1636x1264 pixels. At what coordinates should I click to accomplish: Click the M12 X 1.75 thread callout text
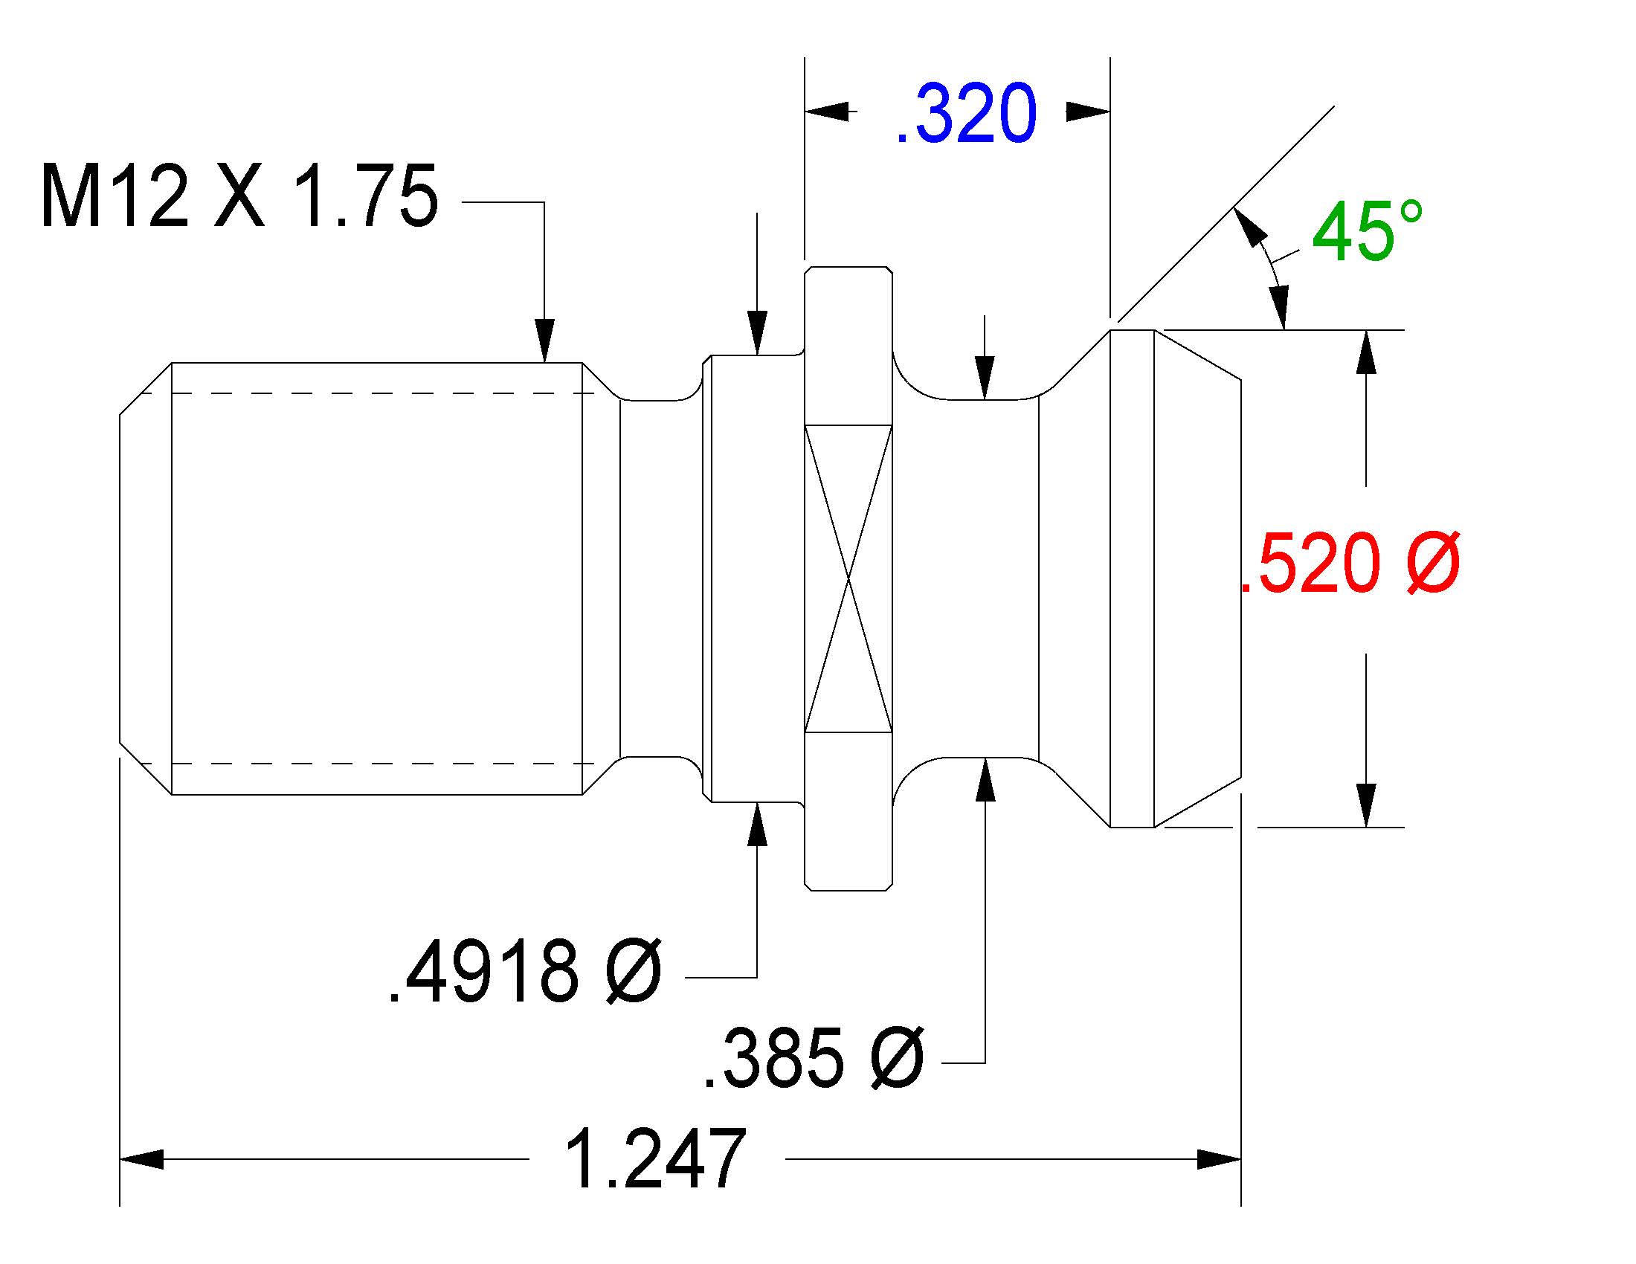pos(239,196)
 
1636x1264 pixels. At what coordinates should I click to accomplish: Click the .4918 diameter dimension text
pos(524,973)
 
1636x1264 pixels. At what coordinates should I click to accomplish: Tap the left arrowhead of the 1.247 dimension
pos(141,1159)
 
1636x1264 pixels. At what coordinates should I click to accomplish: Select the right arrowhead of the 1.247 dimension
pos(1220,1159)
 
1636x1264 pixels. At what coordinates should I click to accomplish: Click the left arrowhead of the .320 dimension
pos(827,112)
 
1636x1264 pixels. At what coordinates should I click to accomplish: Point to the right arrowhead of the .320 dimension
pos(1088,112)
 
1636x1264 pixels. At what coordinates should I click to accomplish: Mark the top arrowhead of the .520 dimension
pos(1367,351)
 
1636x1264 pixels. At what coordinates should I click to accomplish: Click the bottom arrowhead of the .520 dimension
pos(1367,806)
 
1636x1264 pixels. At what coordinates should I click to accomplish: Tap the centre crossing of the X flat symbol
pos(848,578)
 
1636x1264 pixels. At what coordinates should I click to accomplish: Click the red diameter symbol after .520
pos(1434,562)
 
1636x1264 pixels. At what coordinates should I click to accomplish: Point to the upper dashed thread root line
pos(368,393)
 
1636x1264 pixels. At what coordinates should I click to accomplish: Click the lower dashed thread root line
pos(368,764)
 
